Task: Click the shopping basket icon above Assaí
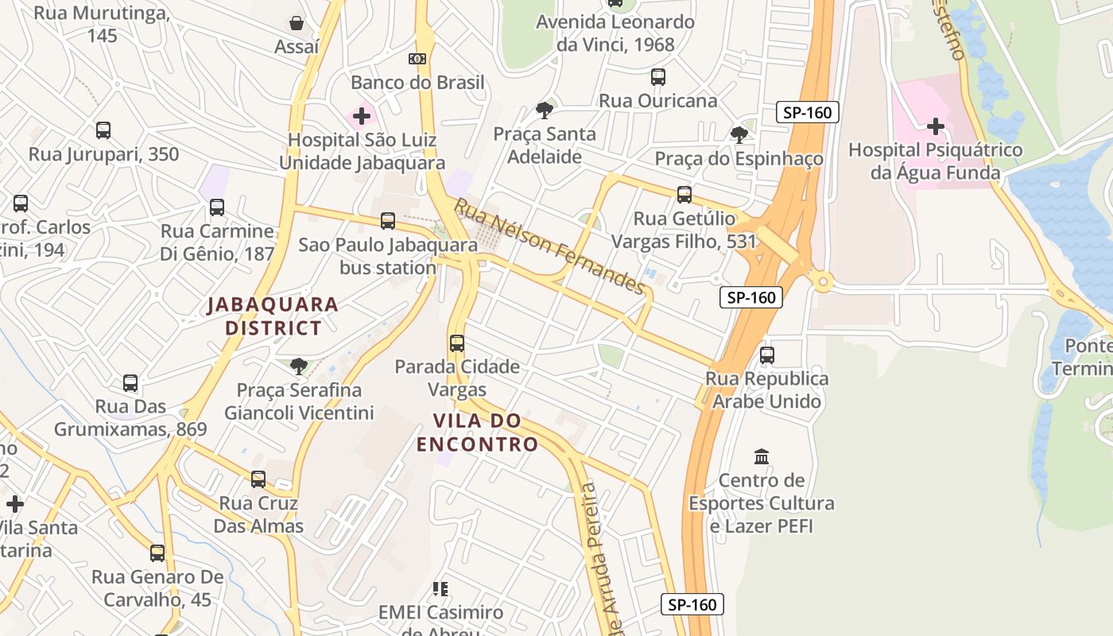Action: (x=297, y=23)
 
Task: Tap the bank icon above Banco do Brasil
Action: (x=417, y=59)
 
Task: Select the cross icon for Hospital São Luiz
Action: (x=362, y=117)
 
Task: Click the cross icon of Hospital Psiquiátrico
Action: (x=936, y=126)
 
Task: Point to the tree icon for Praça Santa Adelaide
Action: (x=545, y=111)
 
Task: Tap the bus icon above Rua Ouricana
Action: (x=658, y=77)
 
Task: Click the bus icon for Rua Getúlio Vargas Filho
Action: (x=684, y=195)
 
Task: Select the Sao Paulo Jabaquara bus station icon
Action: (x=388, y=221)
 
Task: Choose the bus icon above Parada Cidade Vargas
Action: (x=457, y=343)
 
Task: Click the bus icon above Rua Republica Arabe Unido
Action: (x=767, y=355)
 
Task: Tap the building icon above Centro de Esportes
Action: (x=762, y=457)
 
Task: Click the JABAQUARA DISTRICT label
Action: (x=273, y=316)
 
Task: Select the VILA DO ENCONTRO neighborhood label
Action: (x=477, y=432)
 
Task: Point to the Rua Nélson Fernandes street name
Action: (x=549, y=246)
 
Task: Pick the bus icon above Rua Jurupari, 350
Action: (x=103, y=130)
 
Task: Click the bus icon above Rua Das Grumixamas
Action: (x=130, y=383)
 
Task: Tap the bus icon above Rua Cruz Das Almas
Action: (x=258, y=479)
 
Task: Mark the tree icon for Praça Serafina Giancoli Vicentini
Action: (x=299, y=366)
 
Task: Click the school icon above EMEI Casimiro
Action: (x=440, y=589)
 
